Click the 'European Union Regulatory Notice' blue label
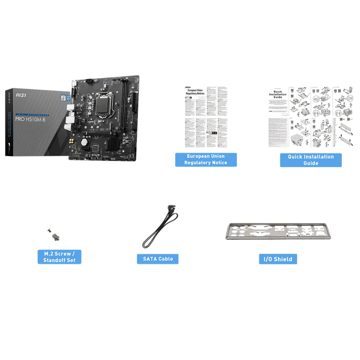206,159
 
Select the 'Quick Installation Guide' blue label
310,160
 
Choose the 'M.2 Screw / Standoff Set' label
59,257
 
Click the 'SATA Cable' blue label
157,259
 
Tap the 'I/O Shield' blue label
278,259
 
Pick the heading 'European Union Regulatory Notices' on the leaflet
196,92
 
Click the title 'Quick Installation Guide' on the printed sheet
278,94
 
